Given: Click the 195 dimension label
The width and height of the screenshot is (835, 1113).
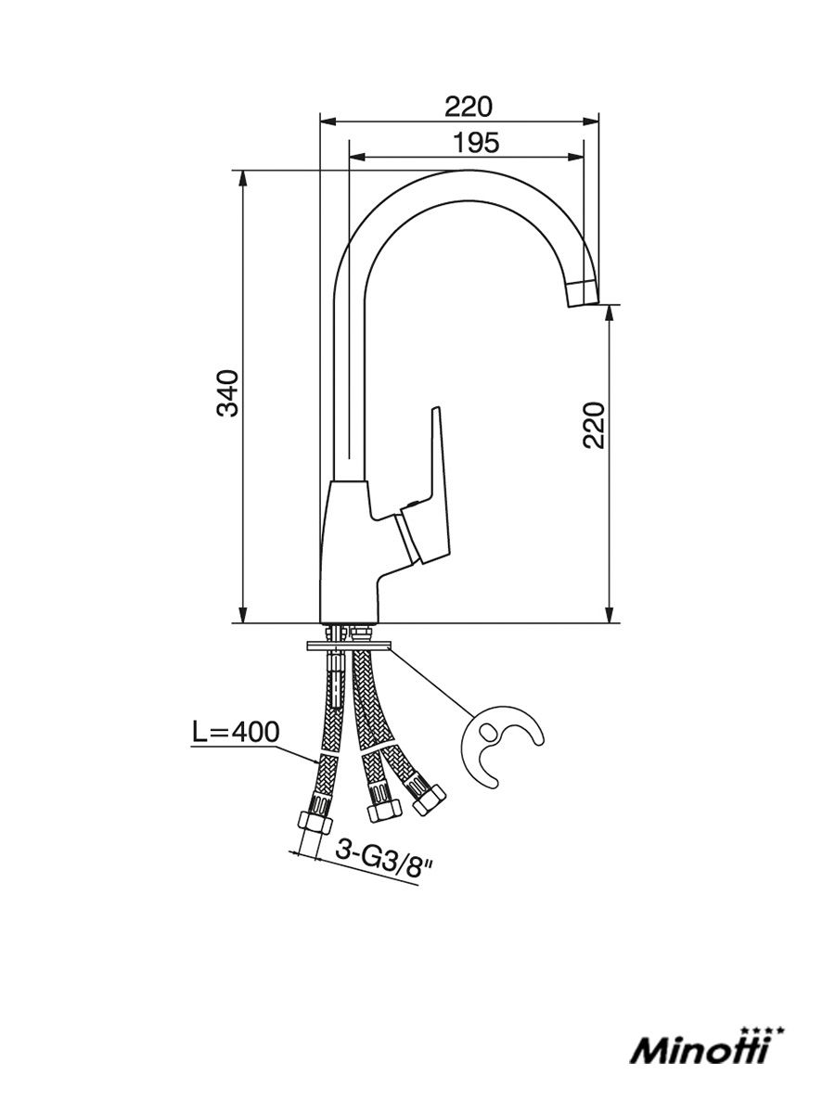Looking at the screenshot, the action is point(476,143).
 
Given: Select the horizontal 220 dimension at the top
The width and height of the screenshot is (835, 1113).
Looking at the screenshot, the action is point(469,107).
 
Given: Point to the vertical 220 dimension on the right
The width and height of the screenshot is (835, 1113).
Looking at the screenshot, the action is point(594,425).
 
